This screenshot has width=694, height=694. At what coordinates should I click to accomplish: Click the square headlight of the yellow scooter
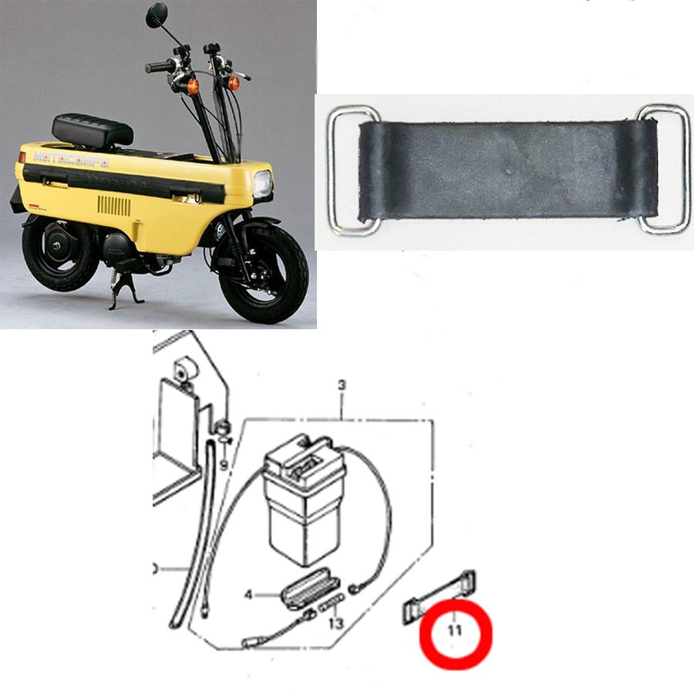click(x=264, y=184)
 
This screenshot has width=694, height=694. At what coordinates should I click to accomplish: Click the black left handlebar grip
click(x=159, y=67)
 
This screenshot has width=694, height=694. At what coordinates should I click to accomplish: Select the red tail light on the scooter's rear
click(x=22, y=157)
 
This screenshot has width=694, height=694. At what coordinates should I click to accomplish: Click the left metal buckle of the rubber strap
click(x=352, y=170)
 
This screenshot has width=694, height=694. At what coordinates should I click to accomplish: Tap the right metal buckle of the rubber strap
click(x=664, y=169)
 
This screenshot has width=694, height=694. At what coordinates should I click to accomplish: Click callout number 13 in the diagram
click(x=336, y=623)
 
